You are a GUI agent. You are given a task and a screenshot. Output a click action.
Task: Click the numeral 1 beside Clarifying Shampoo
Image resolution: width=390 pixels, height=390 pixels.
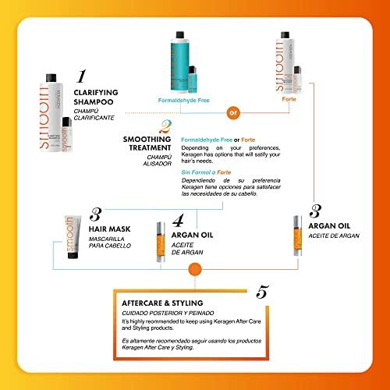click(80, 77)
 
